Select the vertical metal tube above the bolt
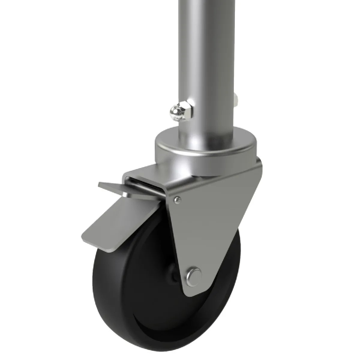pos(207,45)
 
